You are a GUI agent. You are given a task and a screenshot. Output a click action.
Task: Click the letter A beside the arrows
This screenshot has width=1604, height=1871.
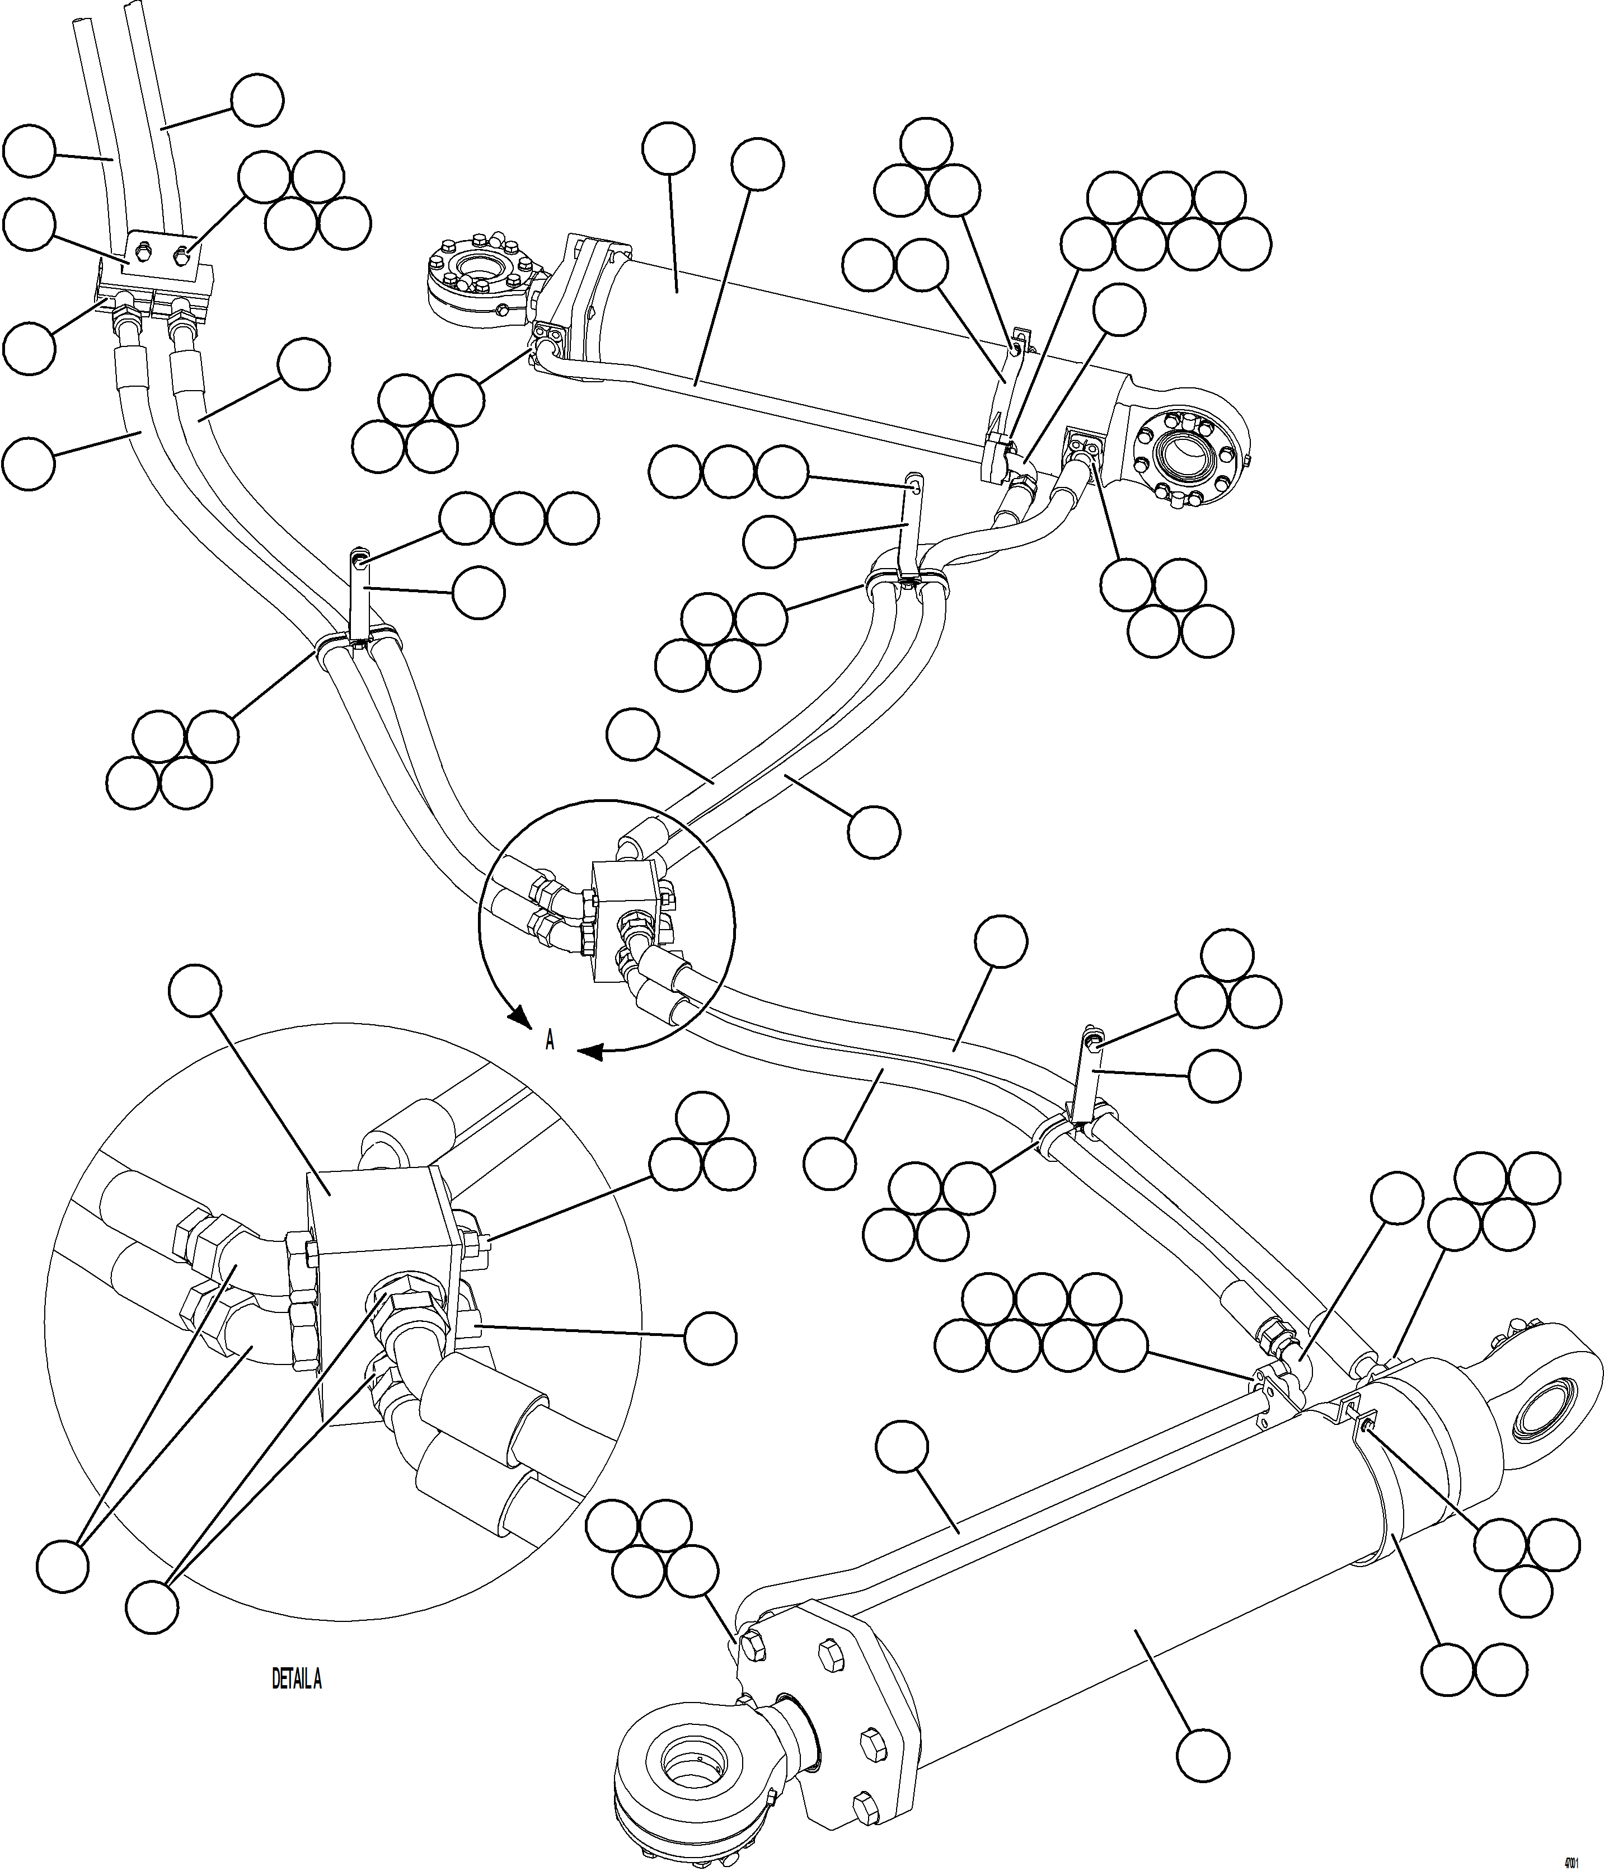549,1040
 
